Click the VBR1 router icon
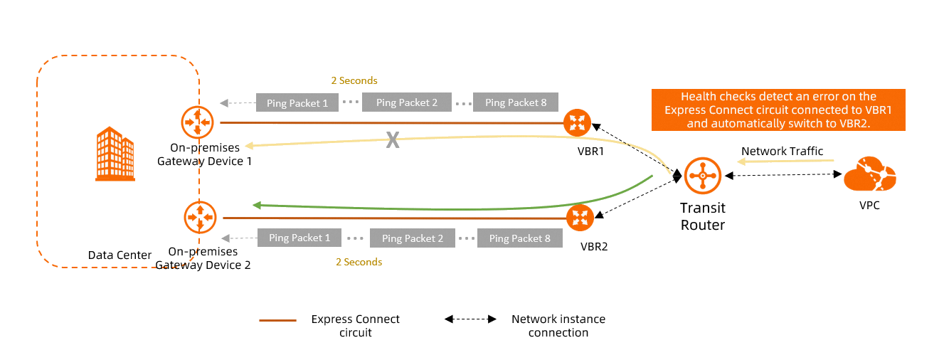click(576, 122)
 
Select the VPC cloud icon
click(869, 175)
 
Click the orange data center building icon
click(115, 154)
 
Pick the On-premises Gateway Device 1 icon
click(197, 122)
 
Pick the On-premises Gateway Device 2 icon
click(200, 218)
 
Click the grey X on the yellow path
click(392, 140)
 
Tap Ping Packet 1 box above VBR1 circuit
click(297, 102)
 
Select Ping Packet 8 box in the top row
click(516, 102)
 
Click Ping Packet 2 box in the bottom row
click(413, 238)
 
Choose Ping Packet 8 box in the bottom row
click(520, 238)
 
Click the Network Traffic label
click(782, 151)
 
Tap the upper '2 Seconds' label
click(354, 80)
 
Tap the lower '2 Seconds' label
click(359, 262)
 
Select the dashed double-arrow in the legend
click(470, 319)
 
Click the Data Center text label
click(120, 255)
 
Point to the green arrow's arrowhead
click(258, 205)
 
